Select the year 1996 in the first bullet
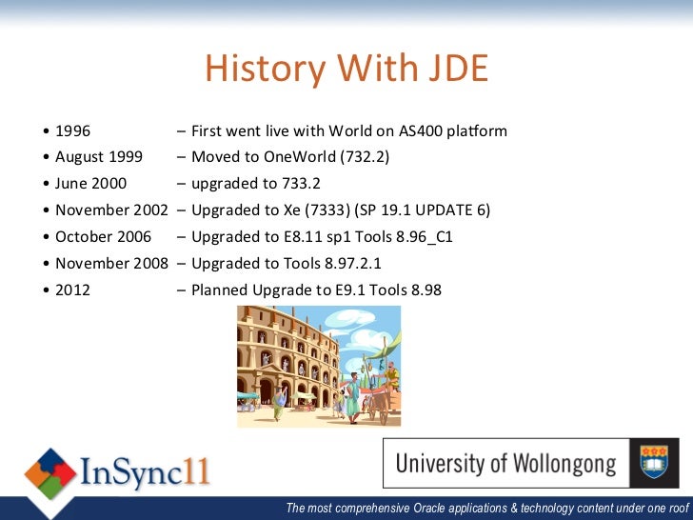pyautogui.click(x=73, y=130)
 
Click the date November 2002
pyautogui.click(x=111, y=210)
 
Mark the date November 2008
pyautogui.click(x=111, y=263)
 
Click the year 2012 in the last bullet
pyautogui.click(x=73, y=290)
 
